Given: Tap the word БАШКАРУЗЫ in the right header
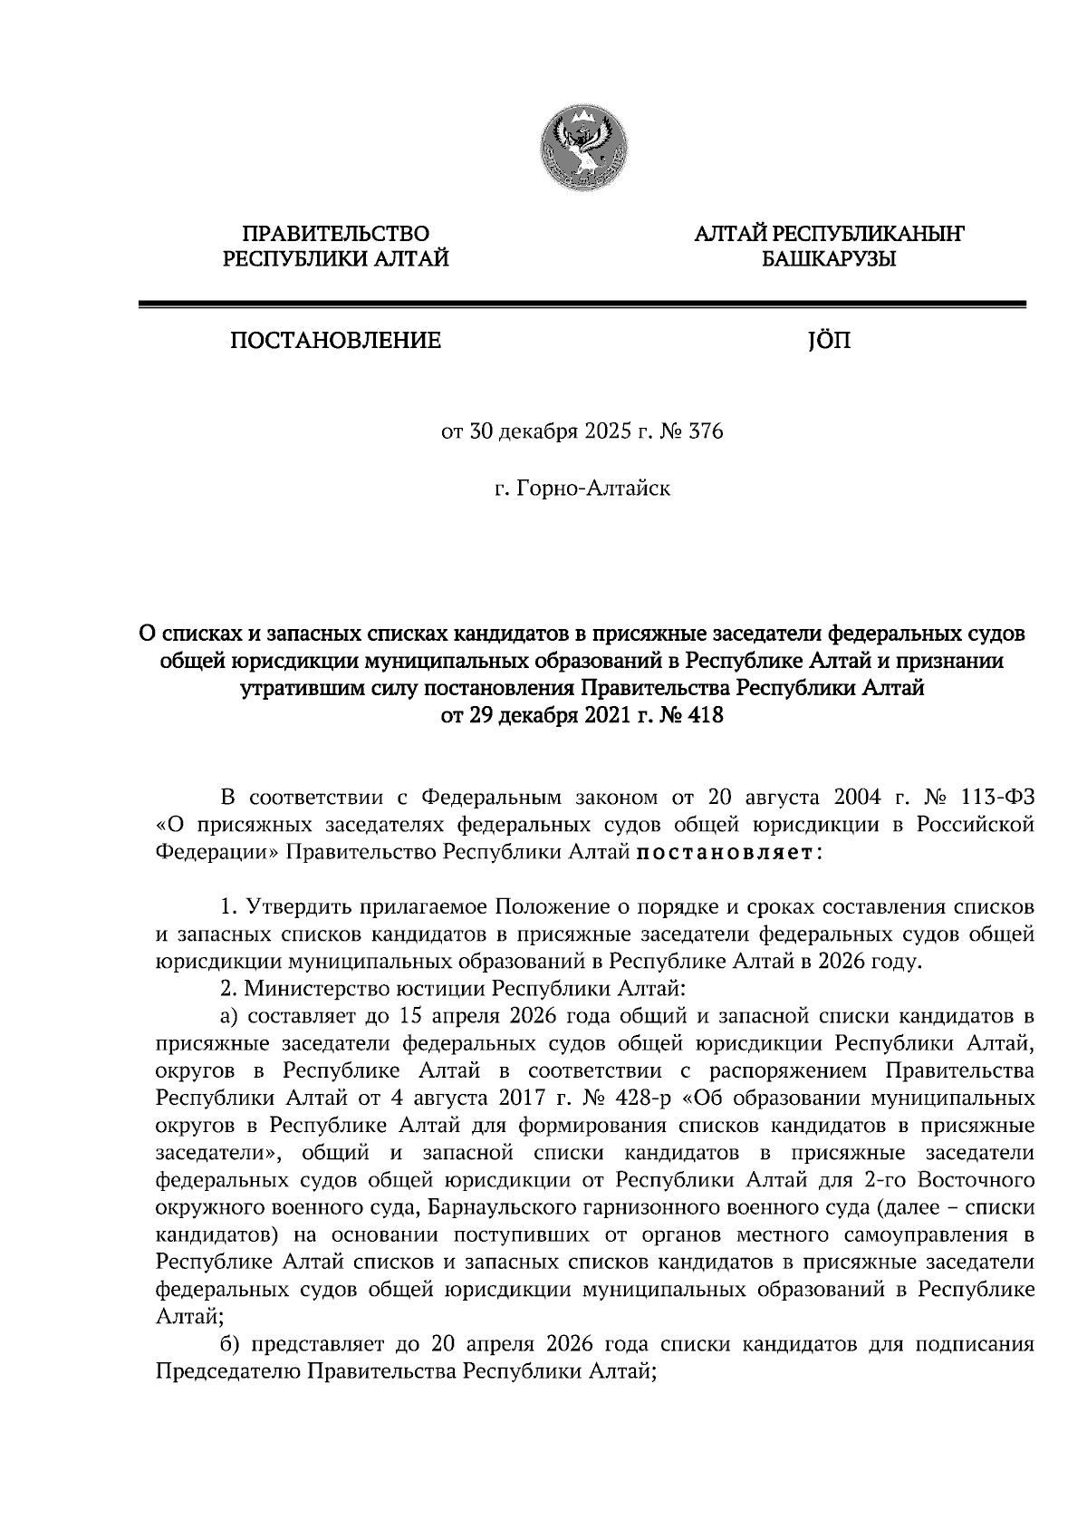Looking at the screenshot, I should (x=828, y=260).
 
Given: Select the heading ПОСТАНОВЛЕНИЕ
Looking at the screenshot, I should (x=335, y=342).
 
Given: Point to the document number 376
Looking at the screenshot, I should (x=706, y=432).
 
